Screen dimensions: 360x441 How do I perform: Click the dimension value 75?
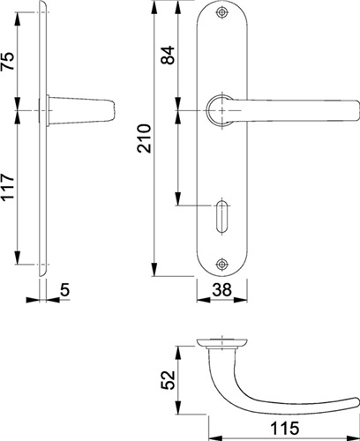8,61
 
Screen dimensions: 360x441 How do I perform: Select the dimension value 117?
8,187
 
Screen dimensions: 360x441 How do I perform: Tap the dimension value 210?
144,138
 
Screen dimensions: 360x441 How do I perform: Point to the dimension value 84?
168,55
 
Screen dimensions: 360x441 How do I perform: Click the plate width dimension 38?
222,289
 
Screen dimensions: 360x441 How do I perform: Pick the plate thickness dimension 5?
64,289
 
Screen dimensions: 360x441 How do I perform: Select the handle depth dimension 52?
169,380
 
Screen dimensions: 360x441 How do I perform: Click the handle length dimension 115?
284,428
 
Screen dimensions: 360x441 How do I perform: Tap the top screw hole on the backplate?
221,12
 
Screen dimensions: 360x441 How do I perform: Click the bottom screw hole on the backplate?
221,264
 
